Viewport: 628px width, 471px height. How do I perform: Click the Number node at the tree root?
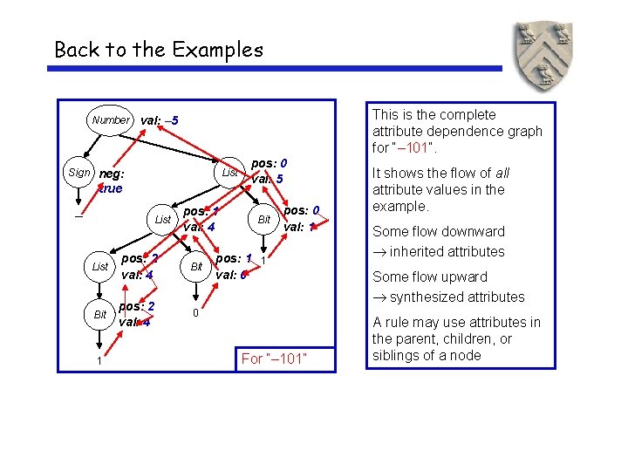[x=110, y=119]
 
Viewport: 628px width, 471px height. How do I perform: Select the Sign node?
[x=78, y=173]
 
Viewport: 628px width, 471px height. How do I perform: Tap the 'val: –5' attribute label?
[x=160, y=119]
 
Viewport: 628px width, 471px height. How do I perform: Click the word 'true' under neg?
[x=110, y=188]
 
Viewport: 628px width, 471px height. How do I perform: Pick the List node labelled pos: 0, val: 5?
[x=229, y=173]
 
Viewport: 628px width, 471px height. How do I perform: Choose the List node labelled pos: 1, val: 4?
[x=162, y=220]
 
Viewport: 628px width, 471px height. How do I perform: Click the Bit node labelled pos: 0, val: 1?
[x=264, y=220]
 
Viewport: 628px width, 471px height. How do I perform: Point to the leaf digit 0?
[x=196, y=313]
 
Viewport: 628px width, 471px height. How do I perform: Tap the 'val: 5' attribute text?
[x=266, y=180]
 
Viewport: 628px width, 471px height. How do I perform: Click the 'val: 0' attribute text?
[x=232, y=275]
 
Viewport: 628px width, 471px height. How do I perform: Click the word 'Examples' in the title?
[x=219, y=50]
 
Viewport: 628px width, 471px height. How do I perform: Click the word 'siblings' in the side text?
[x=399, y=354]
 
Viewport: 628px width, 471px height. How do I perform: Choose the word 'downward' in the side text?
[x=472, y=231]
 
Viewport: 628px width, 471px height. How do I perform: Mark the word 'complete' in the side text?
[x=468, y=114]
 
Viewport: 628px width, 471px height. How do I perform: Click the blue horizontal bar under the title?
[x=278, y=69]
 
